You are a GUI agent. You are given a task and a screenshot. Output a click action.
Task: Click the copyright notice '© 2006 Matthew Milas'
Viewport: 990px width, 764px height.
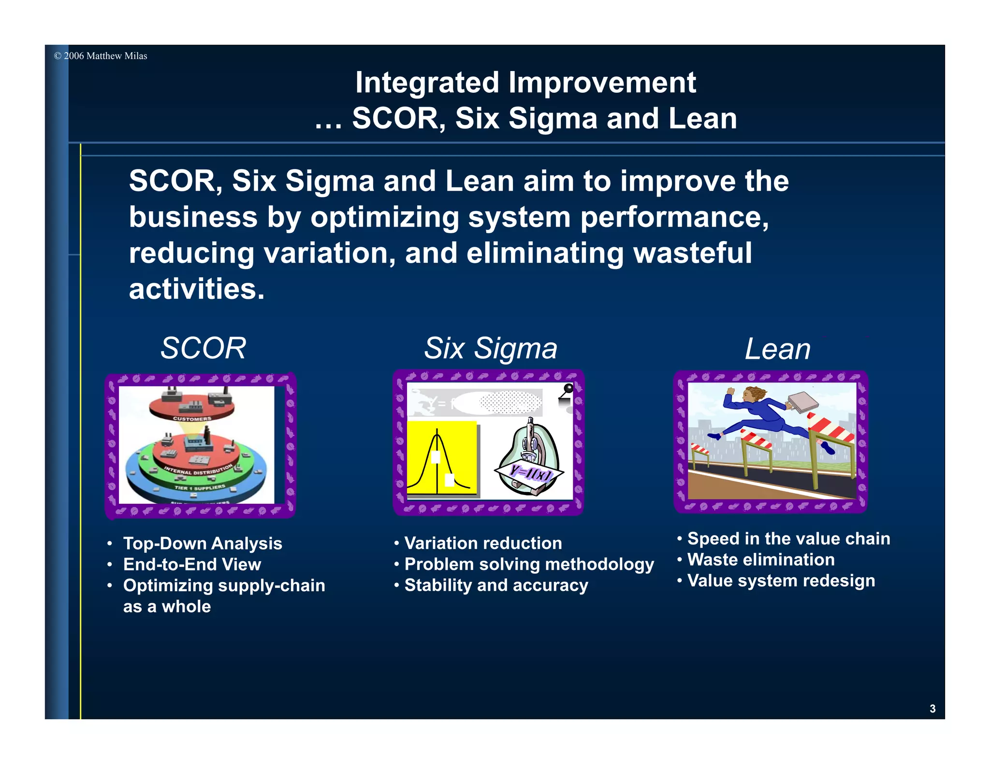pyautogui.click(x=101, y=56)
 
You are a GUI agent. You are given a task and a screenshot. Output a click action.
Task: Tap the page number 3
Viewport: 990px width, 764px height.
pyautogui.click(x=932, y=708)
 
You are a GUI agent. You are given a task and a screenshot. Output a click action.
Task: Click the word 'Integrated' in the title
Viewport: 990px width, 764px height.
pyautogui.click(x=427, y=83)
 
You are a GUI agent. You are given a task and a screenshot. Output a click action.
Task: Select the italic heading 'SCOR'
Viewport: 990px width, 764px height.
pyautogui.click(x=203, y=348)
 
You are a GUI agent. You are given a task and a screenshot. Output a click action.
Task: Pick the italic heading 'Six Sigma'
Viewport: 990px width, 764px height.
pyautogui.click(x=490, y=348)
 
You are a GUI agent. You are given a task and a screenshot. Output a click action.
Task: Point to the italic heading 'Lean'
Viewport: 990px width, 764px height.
pyautogui.click(x=777, y=349)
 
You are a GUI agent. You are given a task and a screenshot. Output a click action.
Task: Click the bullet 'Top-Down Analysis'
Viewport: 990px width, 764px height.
pyautogui.click(x=203, y=543)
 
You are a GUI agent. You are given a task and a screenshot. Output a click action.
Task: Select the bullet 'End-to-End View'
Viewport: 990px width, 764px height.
pyautogui.click(x=192, y=564)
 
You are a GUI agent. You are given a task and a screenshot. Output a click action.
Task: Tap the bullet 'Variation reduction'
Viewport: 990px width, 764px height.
pyautogui.click(x=483, y=543)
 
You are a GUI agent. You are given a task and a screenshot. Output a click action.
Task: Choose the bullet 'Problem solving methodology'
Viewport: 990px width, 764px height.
pyautogui.click(x=529, y=564)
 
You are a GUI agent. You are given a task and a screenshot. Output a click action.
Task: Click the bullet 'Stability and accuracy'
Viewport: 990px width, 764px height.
pyautogui.click(x=496, y=585)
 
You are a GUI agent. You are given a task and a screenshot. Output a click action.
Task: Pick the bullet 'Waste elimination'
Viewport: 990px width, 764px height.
pyautogui.click(x=761, y=559)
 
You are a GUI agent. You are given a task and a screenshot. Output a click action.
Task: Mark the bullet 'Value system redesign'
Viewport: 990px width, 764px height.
pyautogui.click(x=781, y=580)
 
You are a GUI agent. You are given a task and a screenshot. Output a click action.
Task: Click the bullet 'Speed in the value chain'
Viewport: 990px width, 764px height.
pyautogui.click(x=788, y=538)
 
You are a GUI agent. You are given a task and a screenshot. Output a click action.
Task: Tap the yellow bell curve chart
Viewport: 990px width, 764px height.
pyautogui.click(x=441, y=458)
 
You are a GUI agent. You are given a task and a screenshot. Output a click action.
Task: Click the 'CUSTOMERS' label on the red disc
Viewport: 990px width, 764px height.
pyautogui.click(x=192, y=419)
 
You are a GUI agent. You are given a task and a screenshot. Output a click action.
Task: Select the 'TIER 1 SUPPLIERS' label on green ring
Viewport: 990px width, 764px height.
pyautogui.click(x=200, y=487)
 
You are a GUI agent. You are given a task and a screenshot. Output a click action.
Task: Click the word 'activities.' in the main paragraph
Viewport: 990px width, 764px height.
pyautogui.click(x=197, y=289)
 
